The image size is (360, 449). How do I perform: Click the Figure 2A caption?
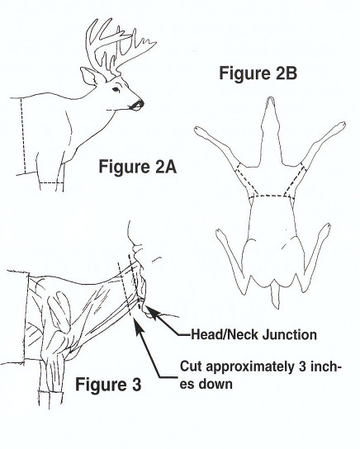coord(137,167)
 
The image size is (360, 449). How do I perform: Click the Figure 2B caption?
coord(258,73)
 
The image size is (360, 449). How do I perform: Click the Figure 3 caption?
coord(108,385)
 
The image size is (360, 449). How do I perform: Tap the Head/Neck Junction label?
coord(253,334)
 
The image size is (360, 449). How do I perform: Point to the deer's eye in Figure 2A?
coord(116,89)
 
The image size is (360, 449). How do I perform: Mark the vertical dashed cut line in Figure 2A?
coord(23,135)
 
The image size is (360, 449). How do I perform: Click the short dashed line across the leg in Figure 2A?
coord(51,182)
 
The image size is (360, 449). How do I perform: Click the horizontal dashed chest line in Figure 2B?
coord(271,196)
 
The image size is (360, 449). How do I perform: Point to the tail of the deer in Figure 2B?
coord(274,296)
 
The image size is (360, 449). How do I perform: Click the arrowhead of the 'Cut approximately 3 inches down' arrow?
coord(139,325)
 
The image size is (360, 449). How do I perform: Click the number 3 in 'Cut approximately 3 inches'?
coord(302,366)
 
